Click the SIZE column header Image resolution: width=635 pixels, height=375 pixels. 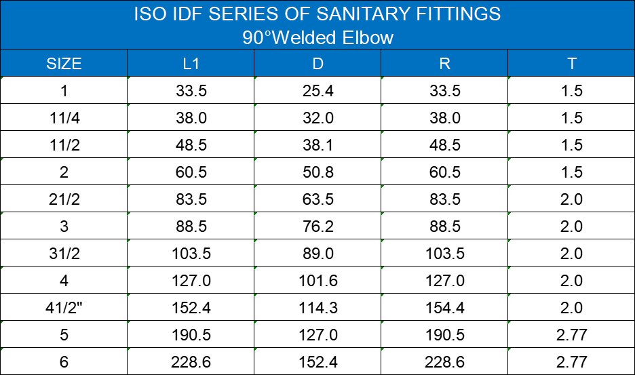tap(64, 64)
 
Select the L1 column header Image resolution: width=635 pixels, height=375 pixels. tap(191, 64)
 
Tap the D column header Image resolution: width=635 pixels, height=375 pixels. tap(317, 64)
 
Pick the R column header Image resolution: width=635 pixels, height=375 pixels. tap(444, 64)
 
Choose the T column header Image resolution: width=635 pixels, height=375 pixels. tap(572, 64)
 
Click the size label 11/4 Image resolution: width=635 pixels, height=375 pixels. tap(64, 118)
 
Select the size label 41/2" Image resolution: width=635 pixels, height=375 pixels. tap(64, 308)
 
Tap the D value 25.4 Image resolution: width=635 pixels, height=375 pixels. tap(317, 91)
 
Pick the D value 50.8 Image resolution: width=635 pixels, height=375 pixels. tap(317, 172)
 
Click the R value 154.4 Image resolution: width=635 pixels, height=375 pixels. tap(444, 308)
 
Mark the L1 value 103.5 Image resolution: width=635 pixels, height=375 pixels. tap(191, 254)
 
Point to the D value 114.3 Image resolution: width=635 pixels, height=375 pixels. tap(317, 308)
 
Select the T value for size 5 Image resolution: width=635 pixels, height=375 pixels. tap(572, 335)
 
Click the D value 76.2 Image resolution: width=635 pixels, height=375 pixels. tap(317, 226)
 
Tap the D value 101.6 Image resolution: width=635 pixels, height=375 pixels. tap(317, 281)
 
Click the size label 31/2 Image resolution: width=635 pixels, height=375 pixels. tap(64, 254)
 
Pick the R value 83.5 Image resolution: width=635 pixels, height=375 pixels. tap(444, 199)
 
